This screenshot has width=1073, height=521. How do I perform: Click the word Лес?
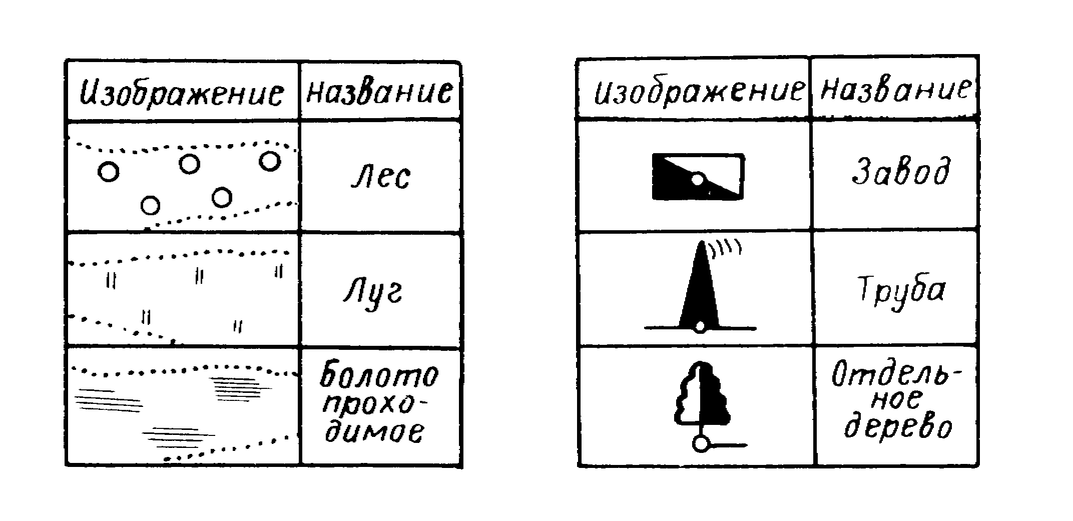[380, 177]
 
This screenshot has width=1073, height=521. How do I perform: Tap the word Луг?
[373, 291]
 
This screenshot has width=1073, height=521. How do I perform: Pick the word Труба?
[901, 290]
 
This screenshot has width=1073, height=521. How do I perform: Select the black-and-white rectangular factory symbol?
[698, 177]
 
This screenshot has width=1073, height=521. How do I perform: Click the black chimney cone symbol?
[699, 285]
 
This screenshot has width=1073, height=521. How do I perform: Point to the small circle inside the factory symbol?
[698, 179]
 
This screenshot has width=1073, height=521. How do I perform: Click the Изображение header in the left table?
[182, 92]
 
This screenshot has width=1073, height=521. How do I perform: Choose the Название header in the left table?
[379, 90]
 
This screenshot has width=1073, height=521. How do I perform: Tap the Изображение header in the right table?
[699, 91]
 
